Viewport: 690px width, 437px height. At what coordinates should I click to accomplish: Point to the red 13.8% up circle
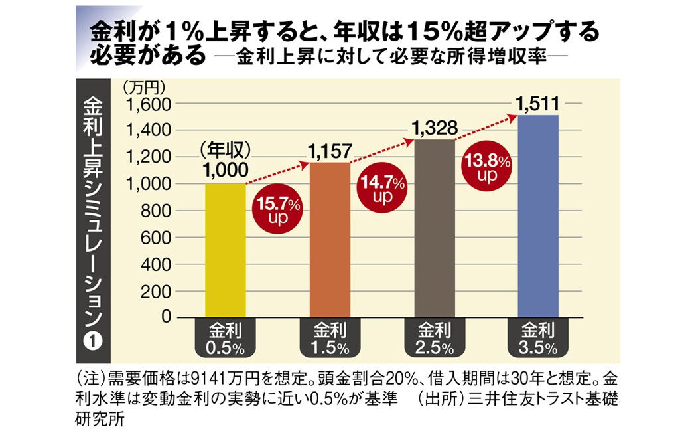pyautogui.click(x=488, y=167)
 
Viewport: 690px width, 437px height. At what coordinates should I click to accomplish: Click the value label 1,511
pyautogui.click(x=538, y=104)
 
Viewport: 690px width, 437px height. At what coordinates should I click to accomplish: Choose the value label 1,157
pyautogui.click(x=330, y=151)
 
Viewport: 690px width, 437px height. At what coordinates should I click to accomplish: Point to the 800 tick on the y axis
pyautogui.click(x=159, y=211)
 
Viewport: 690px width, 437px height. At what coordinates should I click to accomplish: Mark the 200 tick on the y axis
pyautogui.click(x=159, y=292)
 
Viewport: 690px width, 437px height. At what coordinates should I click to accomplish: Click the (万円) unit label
pyautogui.click(x=143, y=86)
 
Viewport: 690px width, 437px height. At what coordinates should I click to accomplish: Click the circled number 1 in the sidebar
pyautogui.click(x=93, y=340)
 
